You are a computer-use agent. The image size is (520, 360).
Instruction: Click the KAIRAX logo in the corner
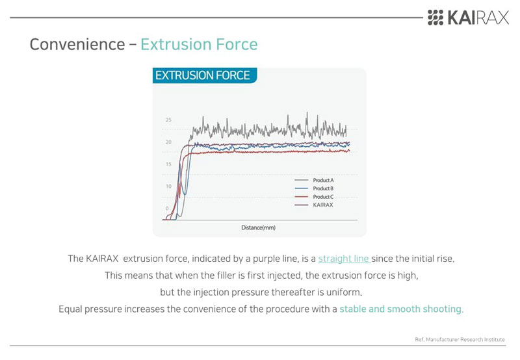[468, 18]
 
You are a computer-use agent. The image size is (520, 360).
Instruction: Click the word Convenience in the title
[77, 44]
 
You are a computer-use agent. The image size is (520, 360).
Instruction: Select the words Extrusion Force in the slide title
[199, 44]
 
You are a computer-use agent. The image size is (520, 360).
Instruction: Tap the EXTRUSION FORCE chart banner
[204, 75]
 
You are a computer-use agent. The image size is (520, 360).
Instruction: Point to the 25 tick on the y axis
[168, 120]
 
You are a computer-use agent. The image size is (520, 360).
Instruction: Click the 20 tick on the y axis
[168, 142]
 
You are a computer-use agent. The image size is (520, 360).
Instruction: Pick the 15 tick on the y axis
[168, 164]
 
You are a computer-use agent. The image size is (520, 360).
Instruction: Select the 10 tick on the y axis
[168, 186]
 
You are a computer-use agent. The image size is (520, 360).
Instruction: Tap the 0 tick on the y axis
[167, 209]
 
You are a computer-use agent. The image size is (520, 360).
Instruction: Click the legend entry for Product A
[314, 181]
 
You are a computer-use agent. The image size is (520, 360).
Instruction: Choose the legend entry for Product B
[314, 188]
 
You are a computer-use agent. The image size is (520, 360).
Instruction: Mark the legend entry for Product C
[314, 197]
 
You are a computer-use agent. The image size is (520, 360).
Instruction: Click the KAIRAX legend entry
[314, 205]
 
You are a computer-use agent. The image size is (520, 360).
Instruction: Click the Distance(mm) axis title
[258, 227]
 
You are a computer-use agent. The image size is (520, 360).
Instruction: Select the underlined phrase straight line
[344, 259]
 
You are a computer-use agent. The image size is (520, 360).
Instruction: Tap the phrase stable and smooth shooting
[400, 309]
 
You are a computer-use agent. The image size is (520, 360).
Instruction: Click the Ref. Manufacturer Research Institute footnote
[460, 339]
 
